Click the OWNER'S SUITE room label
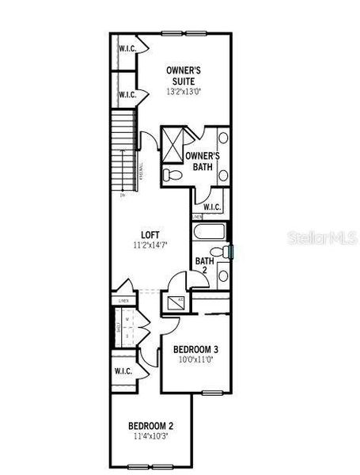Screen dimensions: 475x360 point(183,75)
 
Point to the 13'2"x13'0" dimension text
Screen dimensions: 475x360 point(183,91)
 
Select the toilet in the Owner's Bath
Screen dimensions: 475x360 point(170,174)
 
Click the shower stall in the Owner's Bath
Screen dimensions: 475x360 point(172,143)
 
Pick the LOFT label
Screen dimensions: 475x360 point(150,234)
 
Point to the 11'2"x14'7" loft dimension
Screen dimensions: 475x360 point(150,246)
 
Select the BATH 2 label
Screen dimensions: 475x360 point(204,265)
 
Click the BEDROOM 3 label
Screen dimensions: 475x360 point(195,349)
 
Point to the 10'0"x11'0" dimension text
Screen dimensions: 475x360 point(195,361)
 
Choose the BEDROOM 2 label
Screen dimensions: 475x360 point(152,426)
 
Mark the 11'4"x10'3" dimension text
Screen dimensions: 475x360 point(152,436)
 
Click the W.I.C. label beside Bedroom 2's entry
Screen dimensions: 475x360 point(123,370)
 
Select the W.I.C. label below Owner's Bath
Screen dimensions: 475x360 point(211,207)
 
